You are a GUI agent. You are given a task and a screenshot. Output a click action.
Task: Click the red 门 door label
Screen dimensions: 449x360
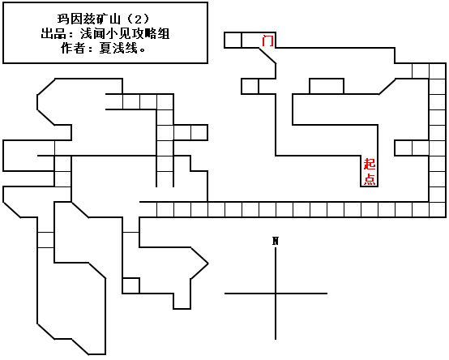pyautogui.click(x=267, y=41)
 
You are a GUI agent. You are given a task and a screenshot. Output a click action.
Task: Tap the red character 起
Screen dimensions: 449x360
pyautogui.click(x=370, y=164)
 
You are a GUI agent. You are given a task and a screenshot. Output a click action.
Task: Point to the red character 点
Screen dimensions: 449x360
pyautogui.click(x=370, y=179)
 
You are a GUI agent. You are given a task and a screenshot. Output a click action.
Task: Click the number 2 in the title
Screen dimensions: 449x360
pyautogui.click(x=138, y=19)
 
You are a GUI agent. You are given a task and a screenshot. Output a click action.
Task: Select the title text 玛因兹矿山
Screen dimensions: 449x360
pyautogui.click(x=88, y=19)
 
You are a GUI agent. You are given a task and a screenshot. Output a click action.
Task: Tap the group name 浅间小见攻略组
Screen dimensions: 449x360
pyautogui.click(x=125, y=34)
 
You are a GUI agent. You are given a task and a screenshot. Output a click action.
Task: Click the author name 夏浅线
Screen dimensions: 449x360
pyautogui.click(x=118, y=48)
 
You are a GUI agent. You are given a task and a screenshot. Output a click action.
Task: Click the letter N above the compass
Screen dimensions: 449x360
pyautogui.click(x=276, y=241)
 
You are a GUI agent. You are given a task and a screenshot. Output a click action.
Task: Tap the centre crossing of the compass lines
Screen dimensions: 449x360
pyautogui.click(x=276, y=294)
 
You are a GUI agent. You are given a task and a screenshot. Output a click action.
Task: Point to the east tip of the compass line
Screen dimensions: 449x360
pyautogui.click(x=327, y=294)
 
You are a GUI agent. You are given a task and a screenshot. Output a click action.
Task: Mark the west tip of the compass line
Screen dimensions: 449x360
pyautogui.click(x=224, y=294)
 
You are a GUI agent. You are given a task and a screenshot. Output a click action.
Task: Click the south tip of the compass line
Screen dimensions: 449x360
pyautogui.click(x=276, y=340)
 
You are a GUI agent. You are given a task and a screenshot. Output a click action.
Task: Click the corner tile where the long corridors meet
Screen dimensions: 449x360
pyautogui.click(x=438, y=209)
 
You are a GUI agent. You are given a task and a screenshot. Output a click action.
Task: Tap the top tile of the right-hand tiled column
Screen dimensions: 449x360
pyautogui.click(x=438, y=71)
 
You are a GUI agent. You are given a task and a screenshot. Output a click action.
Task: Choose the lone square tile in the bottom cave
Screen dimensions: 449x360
pyautogui.click(x=130, y=285)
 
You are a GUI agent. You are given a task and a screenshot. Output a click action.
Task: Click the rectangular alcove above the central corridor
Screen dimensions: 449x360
pyautogui.click(x=327, y=86)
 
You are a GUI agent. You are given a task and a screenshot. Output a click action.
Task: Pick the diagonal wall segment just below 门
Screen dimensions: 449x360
pyautogui.click(x=267, y=56)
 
